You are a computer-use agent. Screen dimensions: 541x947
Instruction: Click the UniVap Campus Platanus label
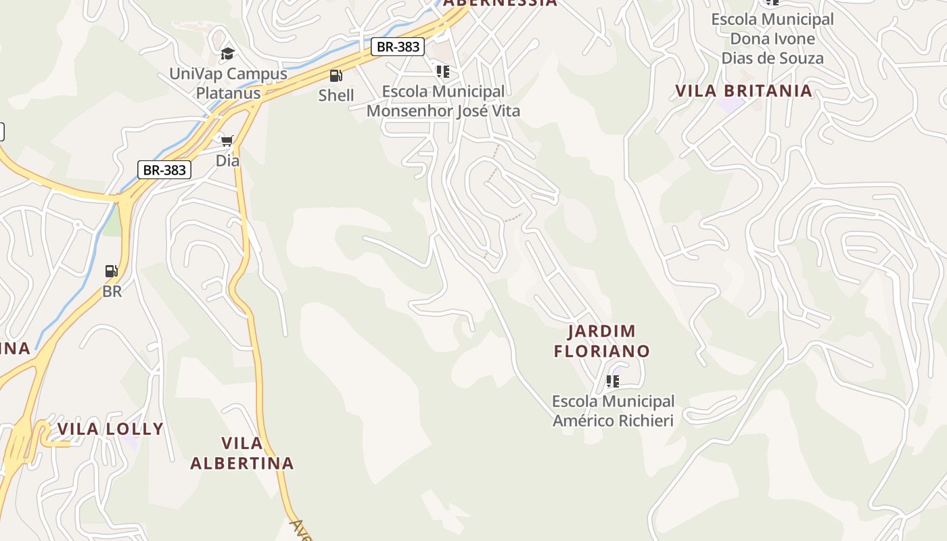tap(228, 83)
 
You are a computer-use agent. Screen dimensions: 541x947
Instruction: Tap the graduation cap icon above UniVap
tap(228, 53)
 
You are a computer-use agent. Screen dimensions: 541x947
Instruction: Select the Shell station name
tap(336, 95)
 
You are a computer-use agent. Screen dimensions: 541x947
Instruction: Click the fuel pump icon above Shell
tap(336, 75)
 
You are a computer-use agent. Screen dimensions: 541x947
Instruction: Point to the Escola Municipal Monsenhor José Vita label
tap(443, 101)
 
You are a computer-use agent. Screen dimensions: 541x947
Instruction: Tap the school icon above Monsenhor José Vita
tap(443, 71)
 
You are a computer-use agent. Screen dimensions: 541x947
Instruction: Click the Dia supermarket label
tap(227, 161)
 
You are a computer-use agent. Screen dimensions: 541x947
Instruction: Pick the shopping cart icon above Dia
tap(227, 141)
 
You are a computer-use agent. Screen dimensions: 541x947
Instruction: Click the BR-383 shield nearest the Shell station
tap(398, 47)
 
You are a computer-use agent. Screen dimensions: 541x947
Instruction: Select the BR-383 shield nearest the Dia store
tap(164, 170)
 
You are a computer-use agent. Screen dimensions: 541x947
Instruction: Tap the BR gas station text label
tap(112, 291)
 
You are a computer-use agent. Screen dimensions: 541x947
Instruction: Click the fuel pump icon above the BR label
tap(112, 271)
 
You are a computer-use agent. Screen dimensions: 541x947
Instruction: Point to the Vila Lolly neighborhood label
tap(110, 429)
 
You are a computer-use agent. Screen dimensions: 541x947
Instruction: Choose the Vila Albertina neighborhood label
tap(242, 453)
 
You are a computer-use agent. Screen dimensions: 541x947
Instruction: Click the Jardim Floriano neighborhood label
tap(601, 341)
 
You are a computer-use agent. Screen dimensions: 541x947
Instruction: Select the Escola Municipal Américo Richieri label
tap(613, 411)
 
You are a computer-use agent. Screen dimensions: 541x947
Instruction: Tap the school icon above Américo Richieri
tap(613, 381)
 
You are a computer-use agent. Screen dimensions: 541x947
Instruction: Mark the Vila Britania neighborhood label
tap(744, 91)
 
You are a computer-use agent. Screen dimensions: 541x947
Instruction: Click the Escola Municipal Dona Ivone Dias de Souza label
tap(772, 39)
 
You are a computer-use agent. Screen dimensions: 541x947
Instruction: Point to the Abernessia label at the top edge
tap(501, 3)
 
